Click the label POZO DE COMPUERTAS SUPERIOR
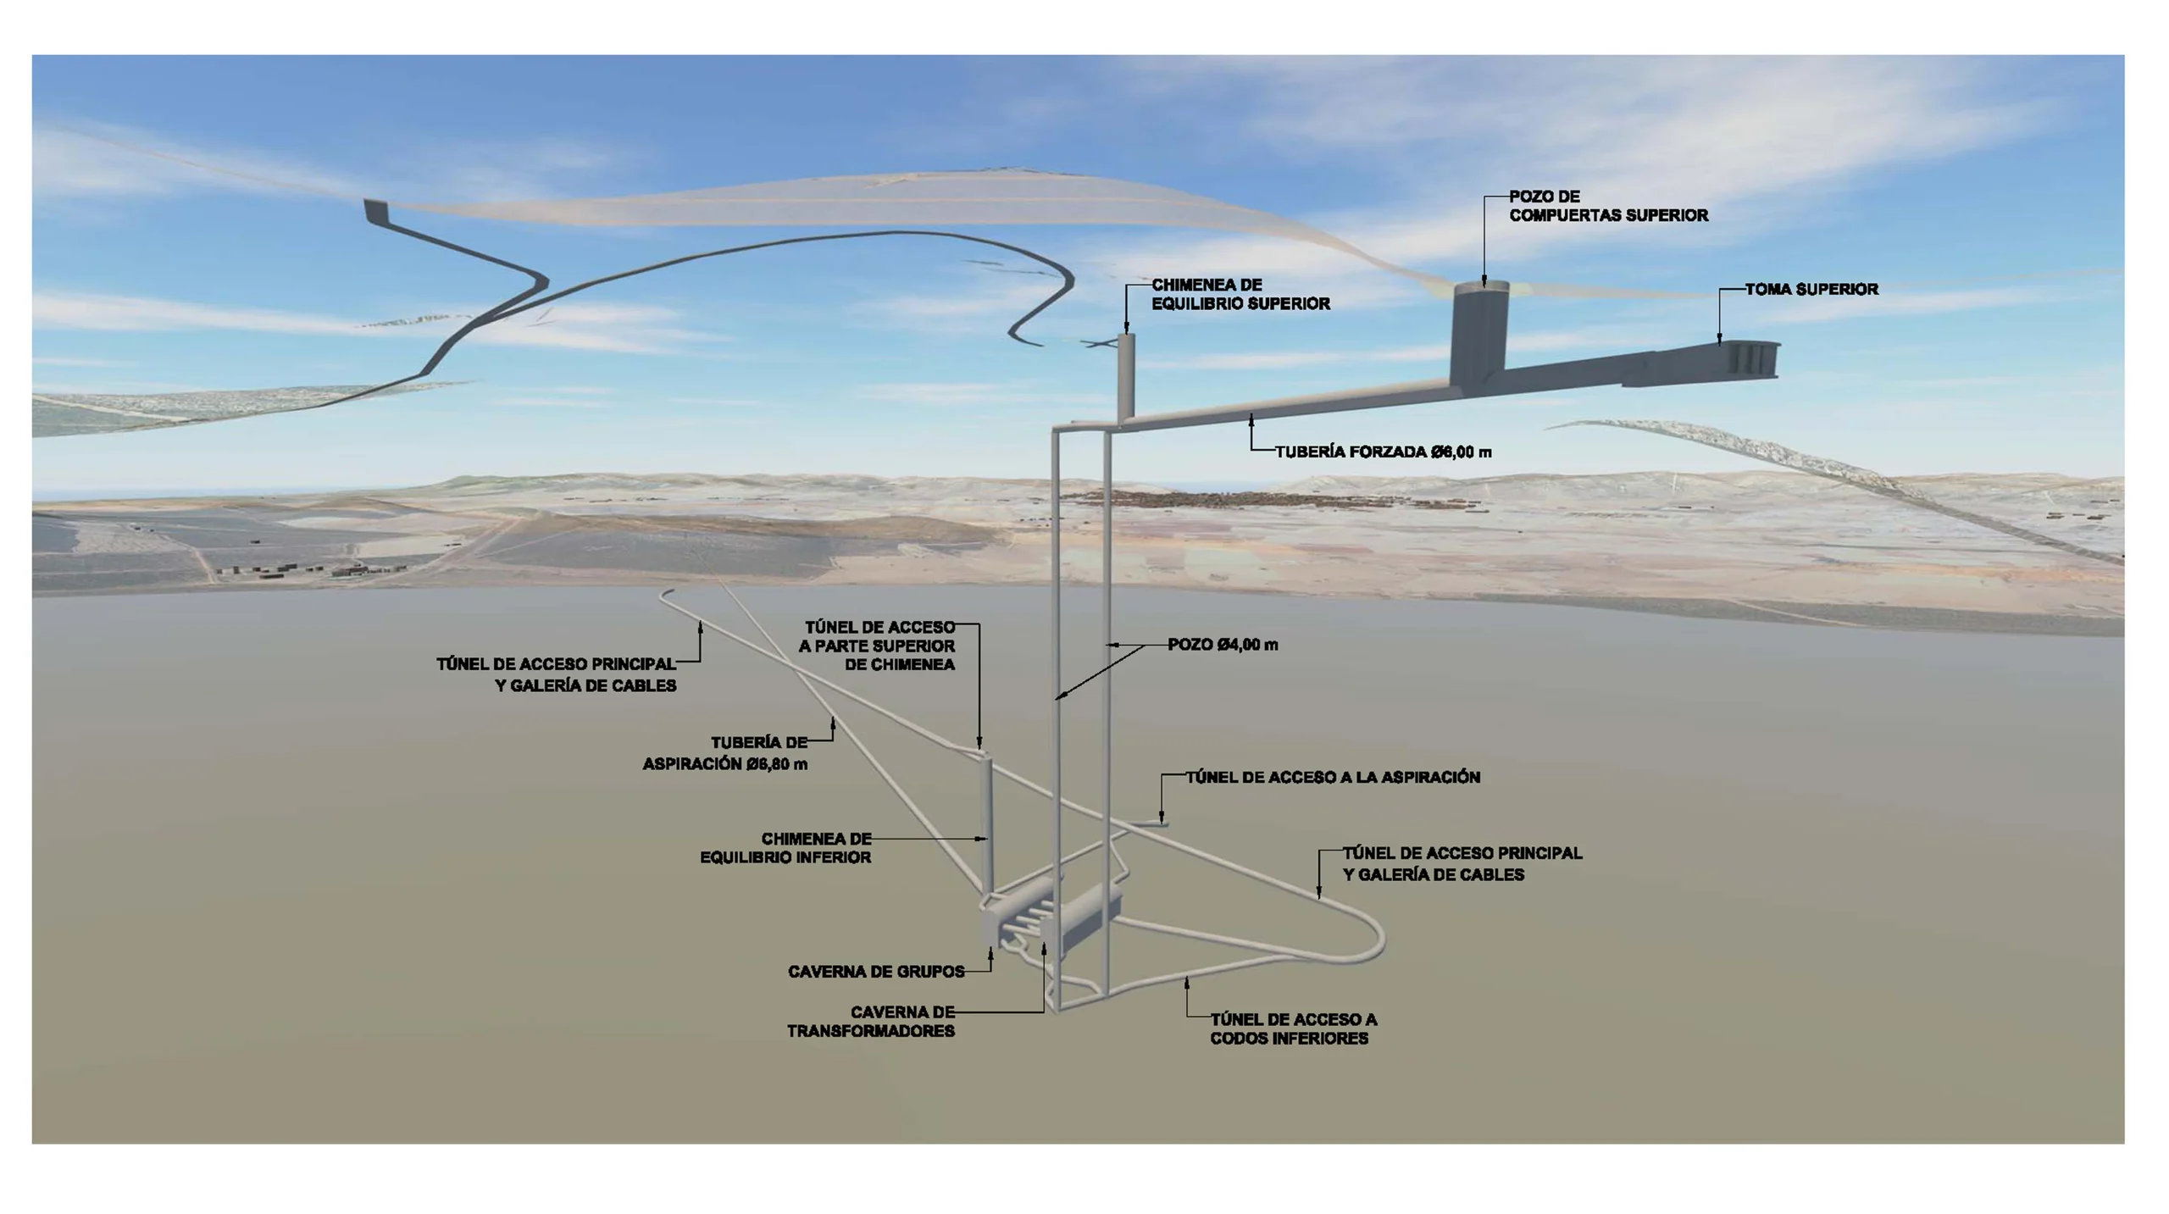pyautogui.click(x=1607, y=206)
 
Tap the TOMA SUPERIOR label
pyautogui.click(x=1811, y=290)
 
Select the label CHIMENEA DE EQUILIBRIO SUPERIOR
pyautogui.click(x=1240, y=294)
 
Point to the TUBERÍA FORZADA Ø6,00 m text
pyautogui.click(x=1383, y=452)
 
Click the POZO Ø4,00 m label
pyautogui.click(x=1223, y=645)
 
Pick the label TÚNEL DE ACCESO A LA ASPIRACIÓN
pyautogui.click(x=1332, y=778)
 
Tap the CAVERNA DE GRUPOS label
pyautogui.click(x=876, y=972)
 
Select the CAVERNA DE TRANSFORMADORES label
pyautogui.click(x=871, y=1022)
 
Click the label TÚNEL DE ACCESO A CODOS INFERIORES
pyautogui.click(x=1292, y=1028)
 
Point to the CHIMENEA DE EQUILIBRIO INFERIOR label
pyautogui.click(x=785, y=848)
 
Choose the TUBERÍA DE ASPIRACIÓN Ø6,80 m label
pyautogui.click(x=725, y=753)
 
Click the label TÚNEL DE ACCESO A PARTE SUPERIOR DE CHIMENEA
pyautogui.click(x=878, y=646)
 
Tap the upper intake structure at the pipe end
pyautogui.click(x=1745, y=360)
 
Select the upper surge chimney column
pyautogui.click(x=1126, y=373)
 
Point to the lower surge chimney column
pyautogui.click(x=985, y=822)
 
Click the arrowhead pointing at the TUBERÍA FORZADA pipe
pyautogui.click(x=1251, y=418)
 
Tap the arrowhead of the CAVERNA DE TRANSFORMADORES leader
pyautogui.click(x=1044, y=950)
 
